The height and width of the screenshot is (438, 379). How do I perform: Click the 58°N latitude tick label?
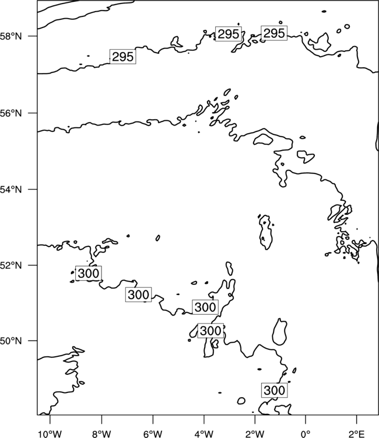[11, 36]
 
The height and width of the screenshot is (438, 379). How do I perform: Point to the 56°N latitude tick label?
[11, 113]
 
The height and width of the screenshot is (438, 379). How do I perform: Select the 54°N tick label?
[11, 190]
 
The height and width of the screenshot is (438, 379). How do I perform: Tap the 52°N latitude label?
[11, 265]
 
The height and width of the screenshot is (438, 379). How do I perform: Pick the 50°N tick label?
[11, 341]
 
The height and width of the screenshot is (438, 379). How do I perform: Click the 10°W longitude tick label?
[50, 434]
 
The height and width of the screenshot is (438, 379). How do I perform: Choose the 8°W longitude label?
[101, 434]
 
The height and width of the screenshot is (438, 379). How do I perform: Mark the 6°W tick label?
[153, 434]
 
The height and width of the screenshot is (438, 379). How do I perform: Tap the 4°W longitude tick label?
[204, 434]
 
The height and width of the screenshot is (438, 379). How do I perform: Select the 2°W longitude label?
[255, 434]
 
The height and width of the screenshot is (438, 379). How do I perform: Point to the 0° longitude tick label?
[306, 434]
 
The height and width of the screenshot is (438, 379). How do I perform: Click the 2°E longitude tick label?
[357, 434]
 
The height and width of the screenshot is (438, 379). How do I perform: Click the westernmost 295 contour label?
[123, 57]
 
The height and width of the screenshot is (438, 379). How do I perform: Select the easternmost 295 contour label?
[274, 33]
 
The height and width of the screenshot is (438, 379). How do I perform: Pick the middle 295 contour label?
[229, 34]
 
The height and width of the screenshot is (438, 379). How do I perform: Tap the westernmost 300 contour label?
[89, 273]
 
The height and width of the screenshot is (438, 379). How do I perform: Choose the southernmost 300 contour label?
[275, 390]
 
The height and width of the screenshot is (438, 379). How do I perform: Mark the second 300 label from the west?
[138, 294]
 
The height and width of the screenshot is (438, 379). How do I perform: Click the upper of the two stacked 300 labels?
[205, 307]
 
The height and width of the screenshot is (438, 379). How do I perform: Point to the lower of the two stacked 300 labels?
[210, 331]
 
